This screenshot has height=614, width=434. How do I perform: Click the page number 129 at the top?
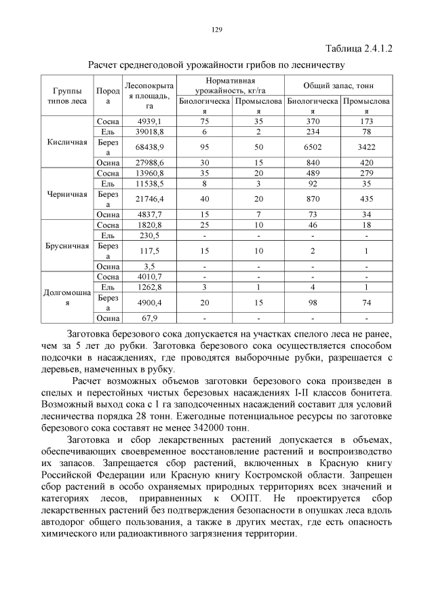pos(217,29)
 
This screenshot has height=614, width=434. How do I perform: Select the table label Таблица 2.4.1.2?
pos(359,49)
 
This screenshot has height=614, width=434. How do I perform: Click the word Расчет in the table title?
pos(107,65)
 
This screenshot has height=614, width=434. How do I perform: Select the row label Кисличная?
pos(66,142)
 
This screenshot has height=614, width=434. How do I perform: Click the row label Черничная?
pos(66,194)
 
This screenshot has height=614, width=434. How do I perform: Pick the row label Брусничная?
pos(66,246)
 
